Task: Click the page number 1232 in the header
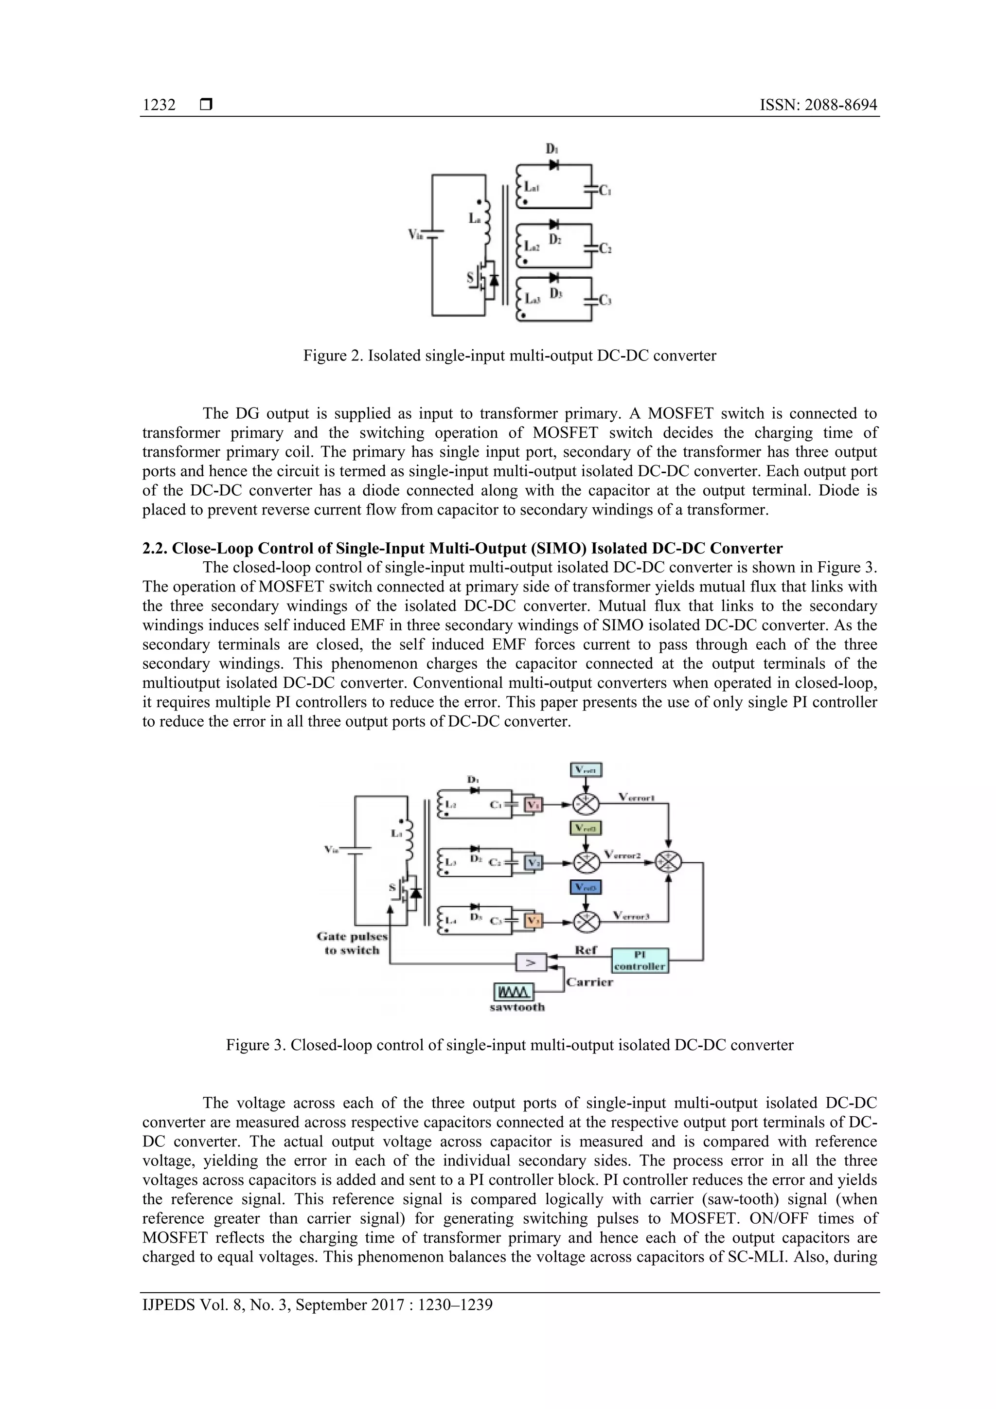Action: [x=159, y=105]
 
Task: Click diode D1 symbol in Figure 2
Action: [x=553, y=164]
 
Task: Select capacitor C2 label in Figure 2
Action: [x=605, y=249]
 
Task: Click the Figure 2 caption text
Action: [x=509, y=356]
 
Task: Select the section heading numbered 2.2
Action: [x=462, y=548]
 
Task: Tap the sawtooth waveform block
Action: [x=514, y=992]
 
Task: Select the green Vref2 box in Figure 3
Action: [x=586, y=828]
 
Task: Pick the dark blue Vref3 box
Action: [x=586, y=888]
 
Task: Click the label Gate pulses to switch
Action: [x=352, y=943]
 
